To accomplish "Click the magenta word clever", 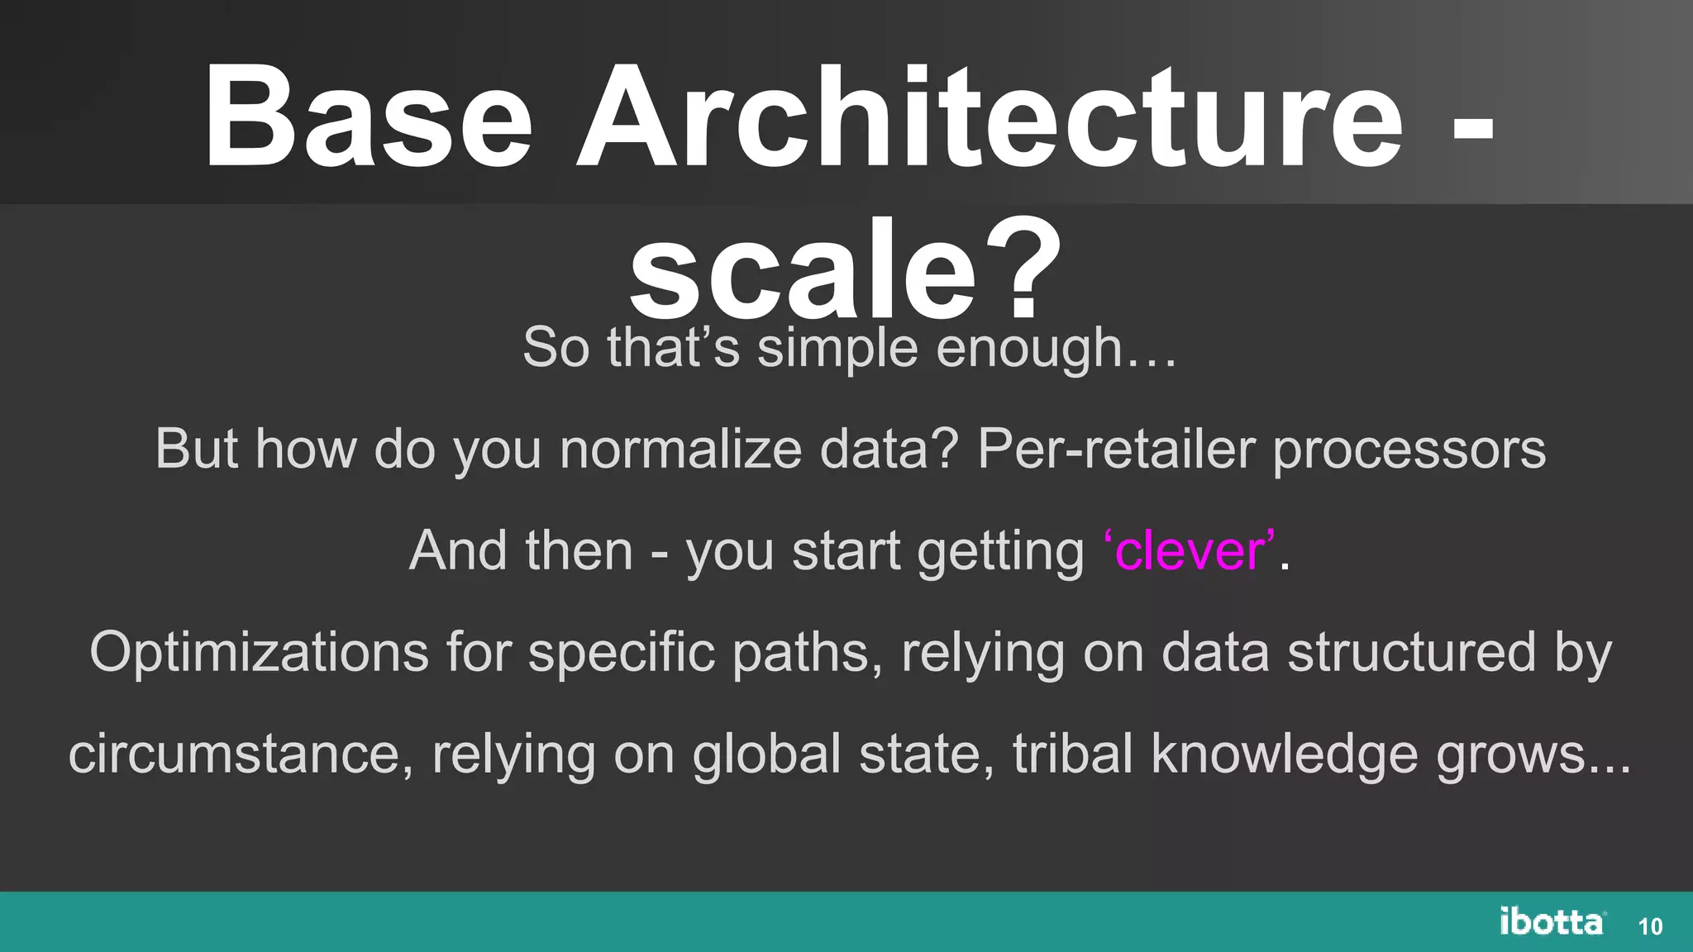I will point(1189,550).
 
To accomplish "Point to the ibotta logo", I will point(1552,921).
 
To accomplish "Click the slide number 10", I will point(1650,926).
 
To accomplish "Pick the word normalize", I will point(680,450).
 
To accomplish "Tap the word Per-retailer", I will point(1115,450).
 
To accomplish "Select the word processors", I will point(1409,451).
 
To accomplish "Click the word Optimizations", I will point(259,653).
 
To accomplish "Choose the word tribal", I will point(1072,754).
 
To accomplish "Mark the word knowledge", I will point(1285,754).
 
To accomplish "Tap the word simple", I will point(837,349).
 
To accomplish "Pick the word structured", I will point(1411,653).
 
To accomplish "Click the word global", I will point(766,754).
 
